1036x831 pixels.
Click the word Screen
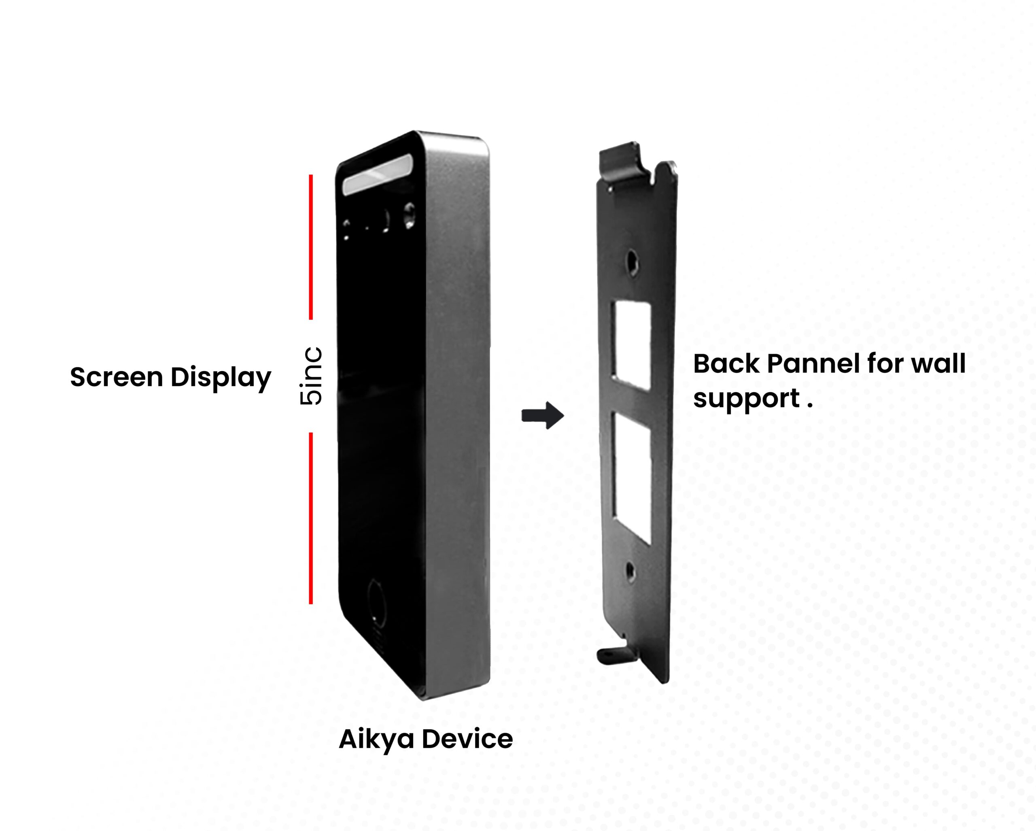117,377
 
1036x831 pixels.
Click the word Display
221,378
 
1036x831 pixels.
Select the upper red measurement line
311,247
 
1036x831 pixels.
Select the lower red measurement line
311,518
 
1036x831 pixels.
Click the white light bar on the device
377,175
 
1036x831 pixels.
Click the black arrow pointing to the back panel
543,415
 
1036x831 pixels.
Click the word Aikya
376,739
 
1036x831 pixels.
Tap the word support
746,399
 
